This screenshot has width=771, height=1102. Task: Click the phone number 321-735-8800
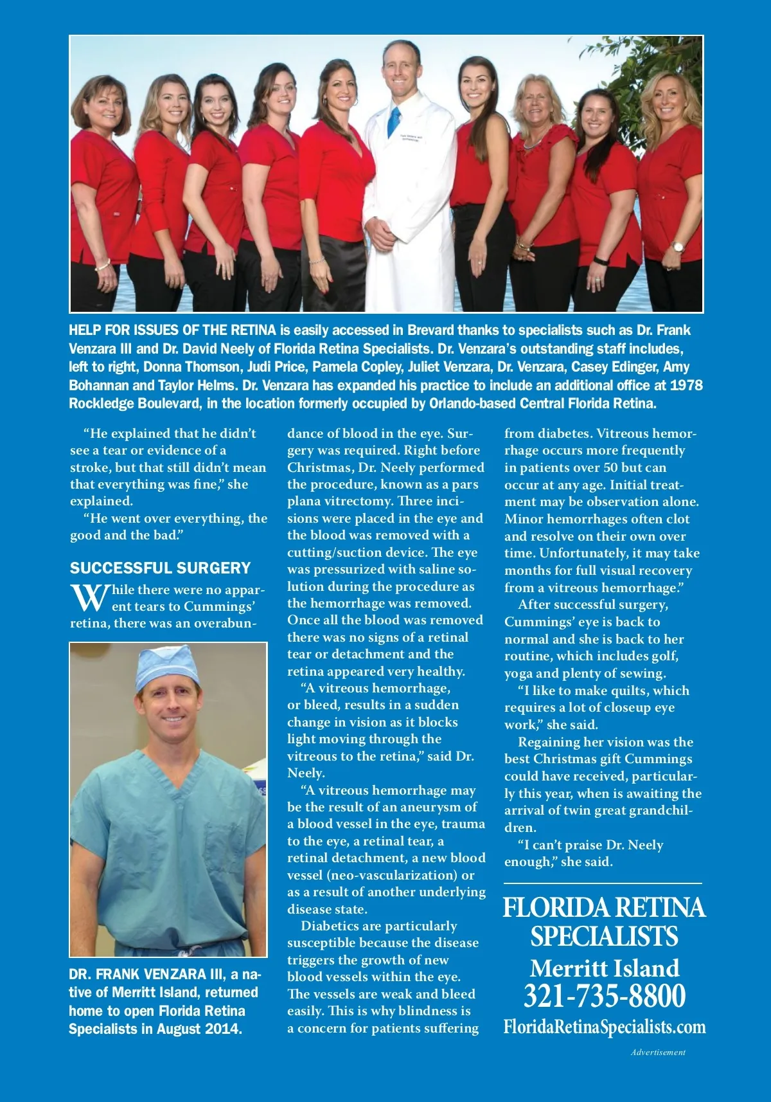point(604,996)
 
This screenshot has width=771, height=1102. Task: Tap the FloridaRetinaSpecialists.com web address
point(604,1027)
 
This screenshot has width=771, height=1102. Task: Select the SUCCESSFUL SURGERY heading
point(160,568)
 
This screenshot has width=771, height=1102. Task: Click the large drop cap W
point(89,598)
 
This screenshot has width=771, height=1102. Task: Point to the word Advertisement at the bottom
point(658,1052)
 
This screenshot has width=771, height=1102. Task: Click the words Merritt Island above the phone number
point(604,968)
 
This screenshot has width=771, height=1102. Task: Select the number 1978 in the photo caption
point(686,385)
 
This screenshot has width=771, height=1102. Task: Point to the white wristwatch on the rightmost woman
point(677,246)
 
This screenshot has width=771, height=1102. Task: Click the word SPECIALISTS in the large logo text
point(604,936)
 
